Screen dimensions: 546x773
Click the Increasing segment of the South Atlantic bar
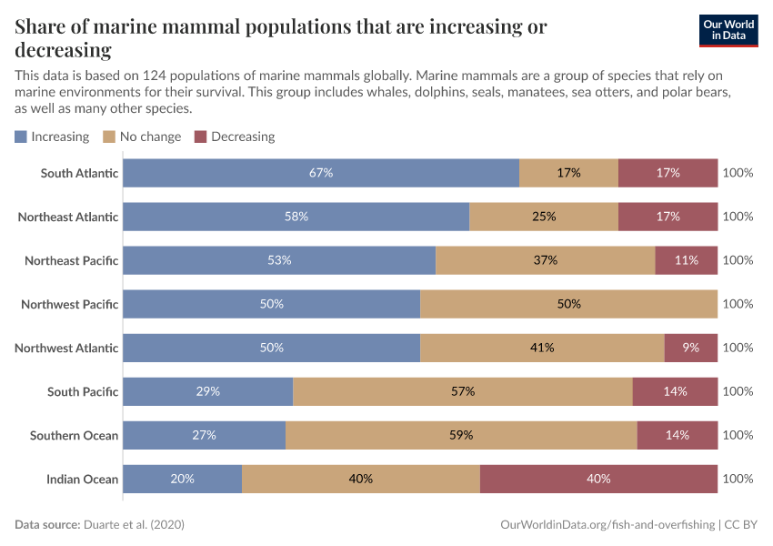pyautogui.click(x=321, y=173)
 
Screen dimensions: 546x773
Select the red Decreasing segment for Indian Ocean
pyautogui.click(x=598, y=479)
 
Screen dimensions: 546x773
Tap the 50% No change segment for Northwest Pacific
pyautogui.click(x=568, y=304)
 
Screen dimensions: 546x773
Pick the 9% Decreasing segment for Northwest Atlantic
pyautogui.click(x=691, y=348)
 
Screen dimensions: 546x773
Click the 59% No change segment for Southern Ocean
pyautogui.click(x=461, y=435)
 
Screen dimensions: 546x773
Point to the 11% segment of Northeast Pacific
pyautogui.click(x=687, y=260)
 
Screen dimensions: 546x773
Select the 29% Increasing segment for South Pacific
pyautogui.click(x=207, y=391)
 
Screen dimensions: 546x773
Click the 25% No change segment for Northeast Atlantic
pyautogui.click(x=544, y=217)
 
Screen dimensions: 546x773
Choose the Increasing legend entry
pyautogui.click(x=52, y=136)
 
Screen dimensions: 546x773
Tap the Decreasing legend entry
pyautogui.click(x=235, y=136)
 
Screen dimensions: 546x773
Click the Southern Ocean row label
pyautogui.click(x=74, y=435)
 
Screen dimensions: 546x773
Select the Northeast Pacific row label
pyautogui.click(x=71, y=260)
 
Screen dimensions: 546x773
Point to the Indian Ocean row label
pyautogui.click(x=82, y=479)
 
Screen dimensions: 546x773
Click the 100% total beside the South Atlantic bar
pyautogui.click(x=738, y=173)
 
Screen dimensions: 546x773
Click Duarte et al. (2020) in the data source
pyautogui.click(x=139, y=525)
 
